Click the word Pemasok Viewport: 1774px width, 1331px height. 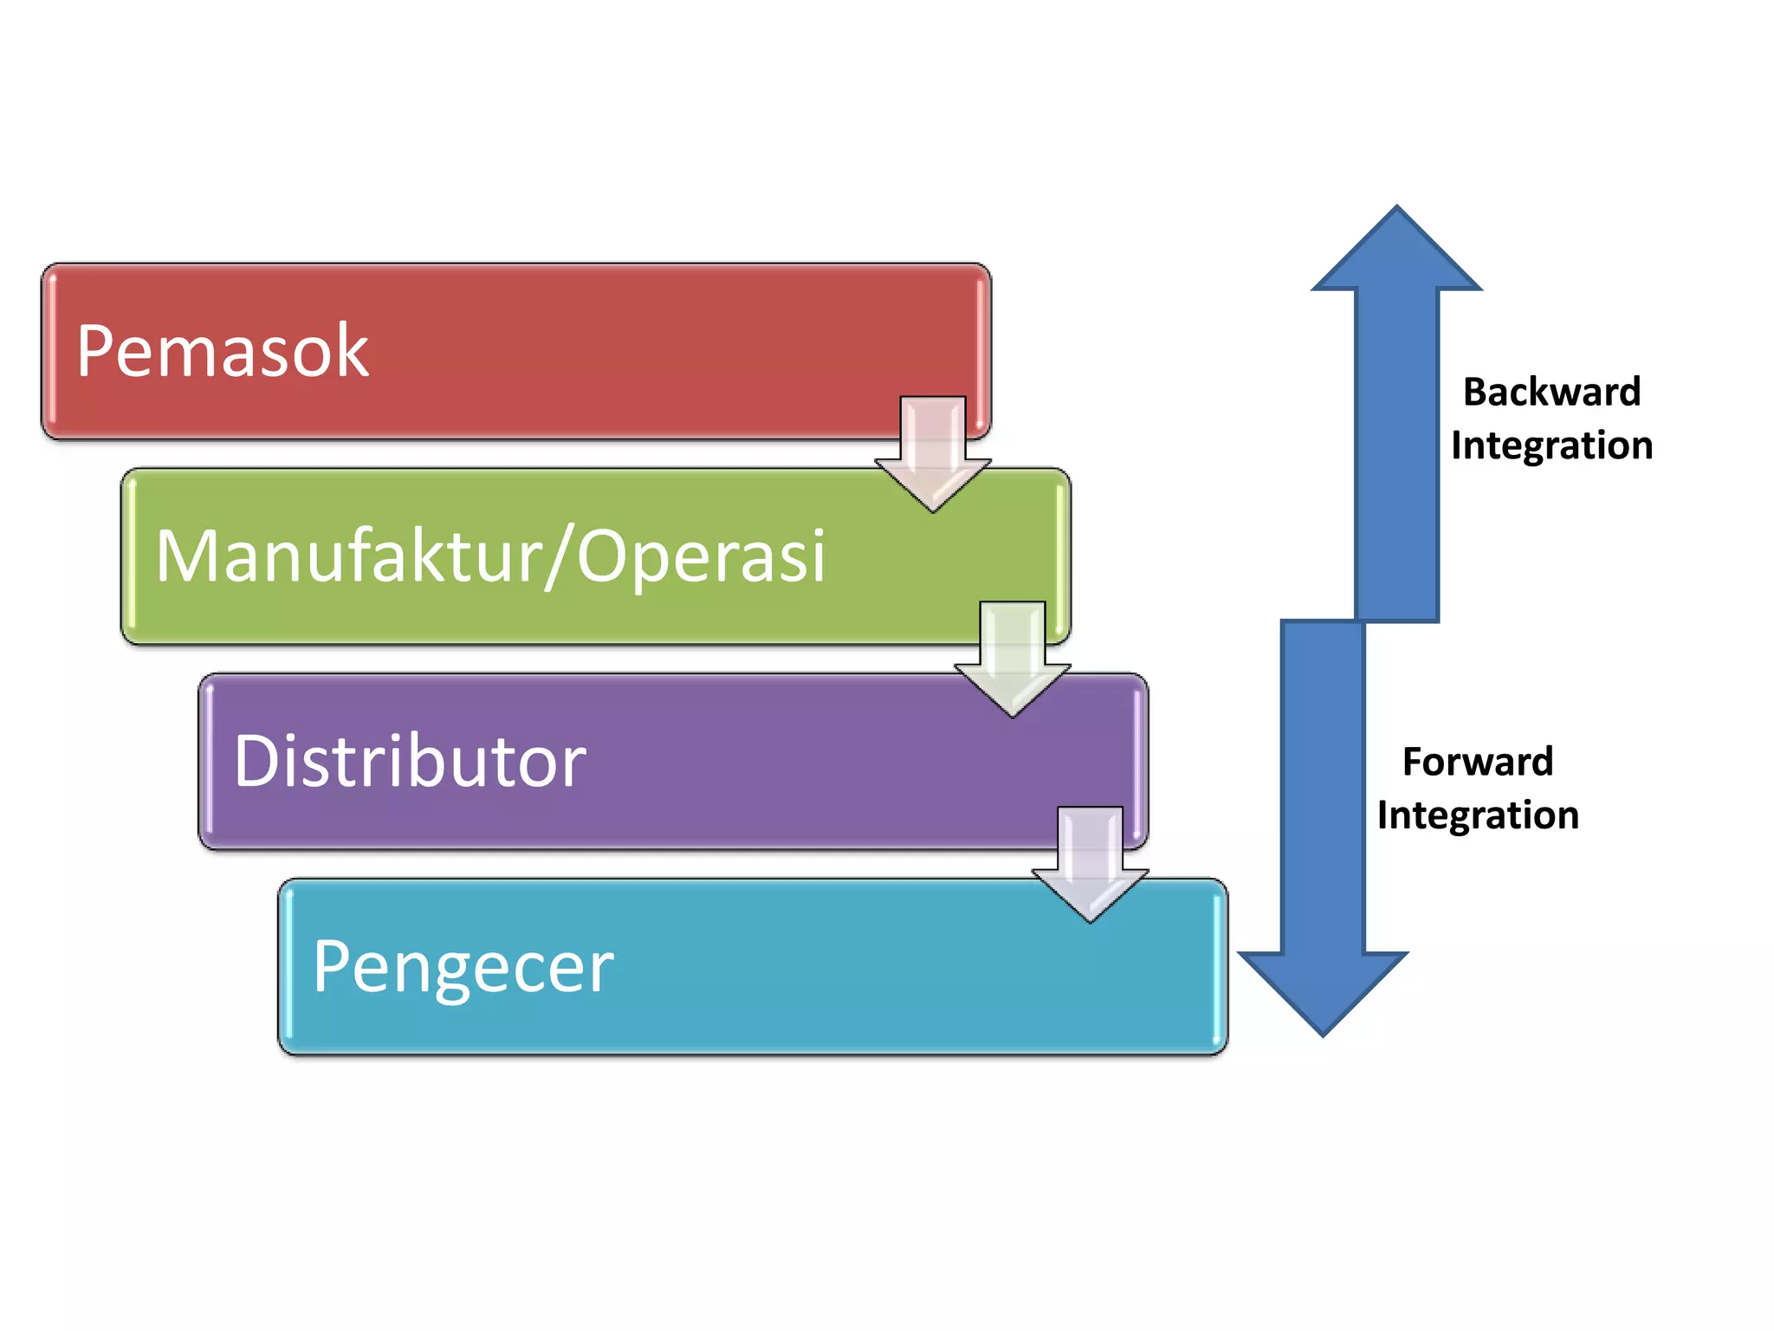click(x=223, y=350)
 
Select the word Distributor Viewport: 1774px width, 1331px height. click(x=410, y=760)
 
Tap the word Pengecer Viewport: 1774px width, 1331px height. click(x=463, y=969)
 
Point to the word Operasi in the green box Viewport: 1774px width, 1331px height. click(x=702, y=555)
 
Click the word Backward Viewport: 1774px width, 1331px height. click(x=1551, y=392)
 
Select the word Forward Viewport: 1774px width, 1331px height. click(x=1478, y=762)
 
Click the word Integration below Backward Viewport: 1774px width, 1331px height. click(x=1551, y=446)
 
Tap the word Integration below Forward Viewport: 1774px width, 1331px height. click(x=1478, y=816)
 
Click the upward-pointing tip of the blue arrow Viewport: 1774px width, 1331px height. click(x=1396, y=206)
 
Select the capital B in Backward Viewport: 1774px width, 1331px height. click(x=1475, y=392)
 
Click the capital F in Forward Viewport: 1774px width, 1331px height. click(x=1413, y=762)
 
